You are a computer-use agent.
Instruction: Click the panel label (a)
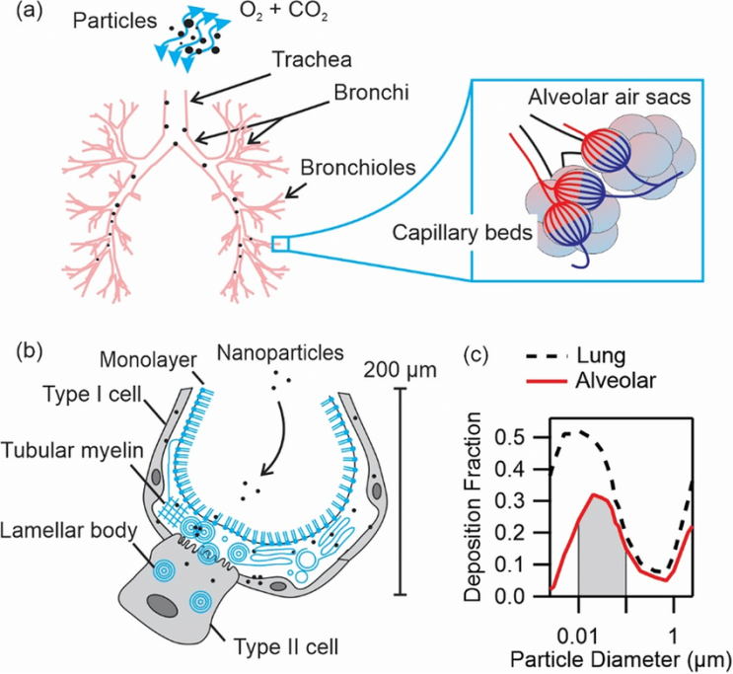(x=20, y=15)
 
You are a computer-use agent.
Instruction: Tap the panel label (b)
(x=20, y=350)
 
